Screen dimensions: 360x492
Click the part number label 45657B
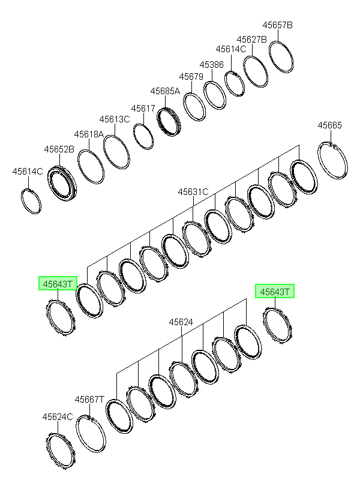coord(277,25)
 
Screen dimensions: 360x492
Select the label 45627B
coord(252,40)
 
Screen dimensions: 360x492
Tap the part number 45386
coord(212,65)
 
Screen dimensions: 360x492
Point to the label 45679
coord(191,77)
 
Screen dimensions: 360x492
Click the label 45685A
coord(165,91)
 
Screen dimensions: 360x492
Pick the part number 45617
coord(143,109)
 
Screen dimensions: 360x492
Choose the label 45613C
coord(115,119)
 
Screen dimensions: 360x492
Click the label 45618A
coord(89,134)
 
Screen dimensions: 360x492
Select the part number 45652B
coord(59,149)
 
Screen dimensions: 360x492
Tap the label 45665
coord(329,125)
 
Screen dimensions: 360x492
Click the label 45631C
coord(193,192)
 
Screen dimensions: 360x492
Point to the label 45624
coord(181,322)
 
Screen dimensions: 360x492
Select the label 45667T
coord(89,400)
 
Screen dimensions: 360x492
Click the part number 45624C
coord(58,417)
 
